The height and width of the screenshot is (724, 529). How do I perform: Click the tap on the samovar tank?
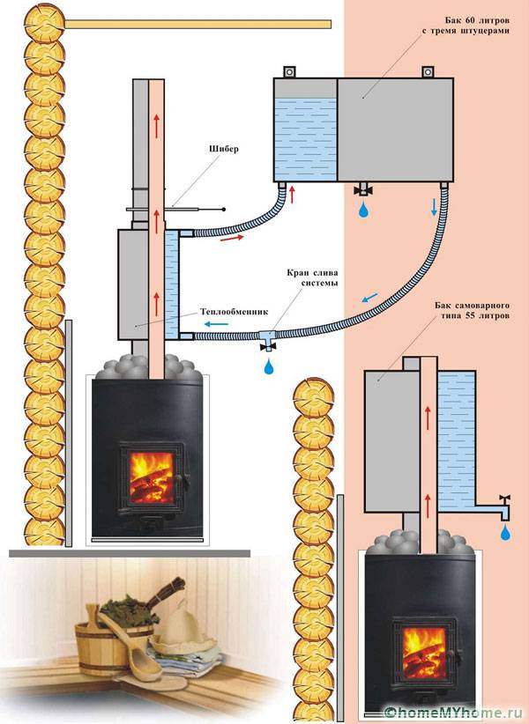click(x=505, y=503)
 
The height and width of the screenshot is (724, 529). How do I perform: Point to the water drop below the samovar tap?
click(x=504, y=531)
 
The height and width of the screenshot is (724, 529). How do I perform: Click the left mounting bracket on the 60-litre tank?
click(x=287, y=70)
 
